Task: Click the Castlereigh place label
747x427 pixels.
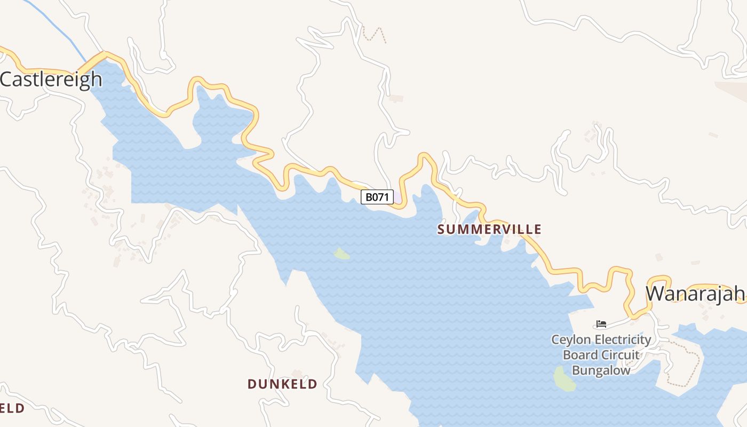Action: [x=51, y=79]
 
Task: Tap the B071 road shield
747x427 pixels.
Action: [x=377, y=197]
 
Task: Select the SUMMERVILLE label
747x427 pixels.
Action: [x=489, y=230]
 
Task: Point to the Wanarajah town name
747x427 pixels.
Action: [x=695, y=294]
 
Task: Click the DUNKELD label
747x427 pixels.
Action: [x=282, y=384]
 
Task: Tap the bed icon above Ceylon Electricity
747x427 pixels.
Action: [x=601, y=324]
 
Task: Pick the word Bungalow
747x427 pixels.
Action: [x=601, y=370]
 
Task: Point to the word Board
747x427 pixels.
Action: [x=581, y=355]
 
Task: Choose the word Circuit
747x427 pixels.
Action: [x=621, y=355]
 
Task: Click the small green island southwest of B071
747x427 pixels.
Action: [x=341, y=254]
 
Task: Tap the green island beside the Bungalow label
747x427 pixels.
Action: [x=564, y=378]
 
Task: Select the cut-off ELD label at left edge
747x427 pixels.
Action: [x=12, y=408]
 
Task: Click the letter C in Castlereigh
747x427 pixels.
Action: [x=7, y=79]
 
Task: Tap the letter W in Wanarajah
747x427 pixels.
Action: [x=657, y=294]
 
